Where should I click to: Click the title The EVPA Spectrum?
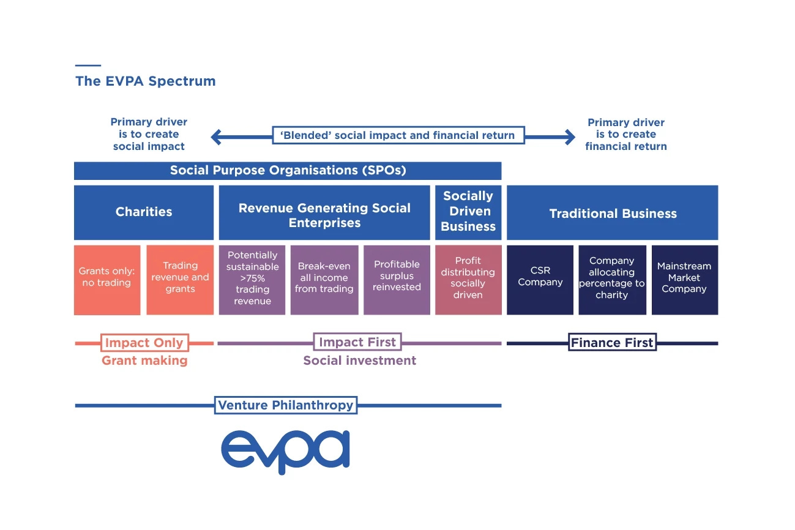tap(145, 81)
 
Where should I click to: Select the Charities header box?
tap(144, 212)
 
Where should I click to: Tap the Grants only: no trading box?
tap(106, 280)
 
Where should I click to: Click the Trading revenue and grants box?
tap(180, 280)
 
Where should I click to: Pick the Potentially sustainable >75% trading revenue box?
tap(252, 280)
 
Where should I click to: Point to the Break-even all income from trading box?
tap(324, 280)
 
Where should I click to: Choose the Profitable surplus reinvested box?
tap(397, 280)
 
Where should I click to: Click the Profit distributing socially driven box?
tap(468, 280)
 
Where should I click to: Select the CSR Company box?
tap(540, 280)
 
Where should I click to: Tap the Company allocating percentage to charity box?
tap(612, 280)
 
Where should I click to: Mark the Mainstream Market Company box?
tap(684, 280)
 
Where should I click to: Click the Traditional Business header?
tap(613, 213)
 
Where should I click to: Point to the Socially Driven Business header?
tap(468, 212)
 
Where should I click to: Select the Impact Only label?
tap(144, 343)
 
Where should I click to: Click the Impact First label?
tap(358, 342)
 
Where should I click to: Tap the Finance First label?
tap(612, 343)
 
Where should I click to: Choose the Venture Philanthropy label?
tap(286, 405)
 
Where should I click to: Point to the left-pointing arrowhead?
tap(216, 137)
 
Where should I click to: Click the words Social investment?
tap(360, 360)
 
